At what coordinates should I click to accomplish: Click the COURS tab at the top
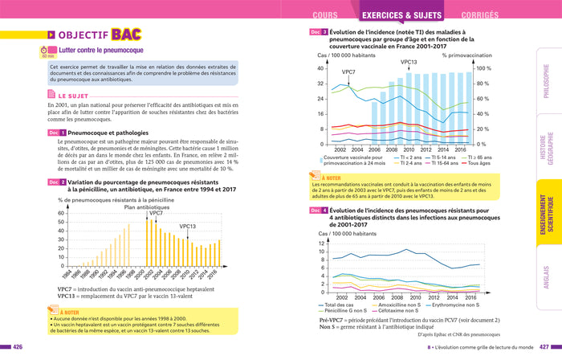(324, 14)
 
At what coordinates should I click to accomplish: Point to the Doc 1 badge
(56, 132)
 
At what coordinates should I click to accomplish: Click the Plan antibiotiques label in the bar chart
(144, 207)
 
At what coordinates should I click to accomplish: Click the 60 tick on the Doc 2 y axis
(60, 214)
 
